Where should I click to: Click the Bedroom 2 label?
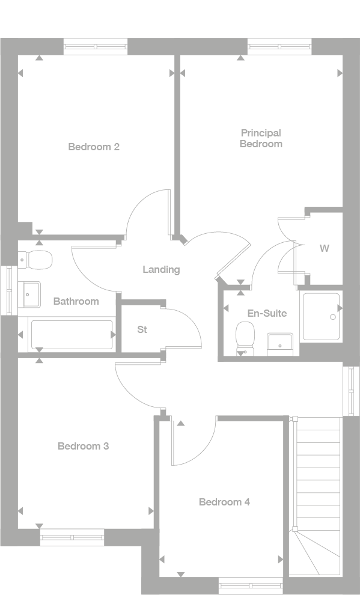point(93,147)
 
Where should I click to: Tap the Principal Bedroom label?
point(261,138)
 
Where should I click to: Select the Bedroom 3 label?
point(83,446)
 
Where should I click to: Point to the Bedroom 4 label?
point(224,502)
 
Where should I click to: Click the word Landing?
point(161,269)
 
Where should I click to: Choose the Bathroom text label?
point(76,301)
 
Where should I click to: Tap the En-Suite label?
point(267,313)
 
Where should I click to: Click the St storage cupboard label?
point(142,329)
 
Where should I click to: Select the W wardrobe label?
point(324,248)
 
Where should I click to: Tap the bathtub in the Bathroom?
point(72,335)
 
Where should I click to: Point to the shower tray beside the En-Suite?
point(322,316)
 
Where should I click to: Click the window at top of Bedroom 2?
point(96,46)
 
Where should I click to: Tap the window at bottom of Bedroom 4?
point(250,585)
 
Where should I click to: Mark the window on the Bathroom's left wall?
point(8,290)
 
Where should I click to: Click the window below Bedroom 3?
point(72,537)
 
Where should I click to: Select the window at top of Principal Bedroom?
point(279,46)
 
